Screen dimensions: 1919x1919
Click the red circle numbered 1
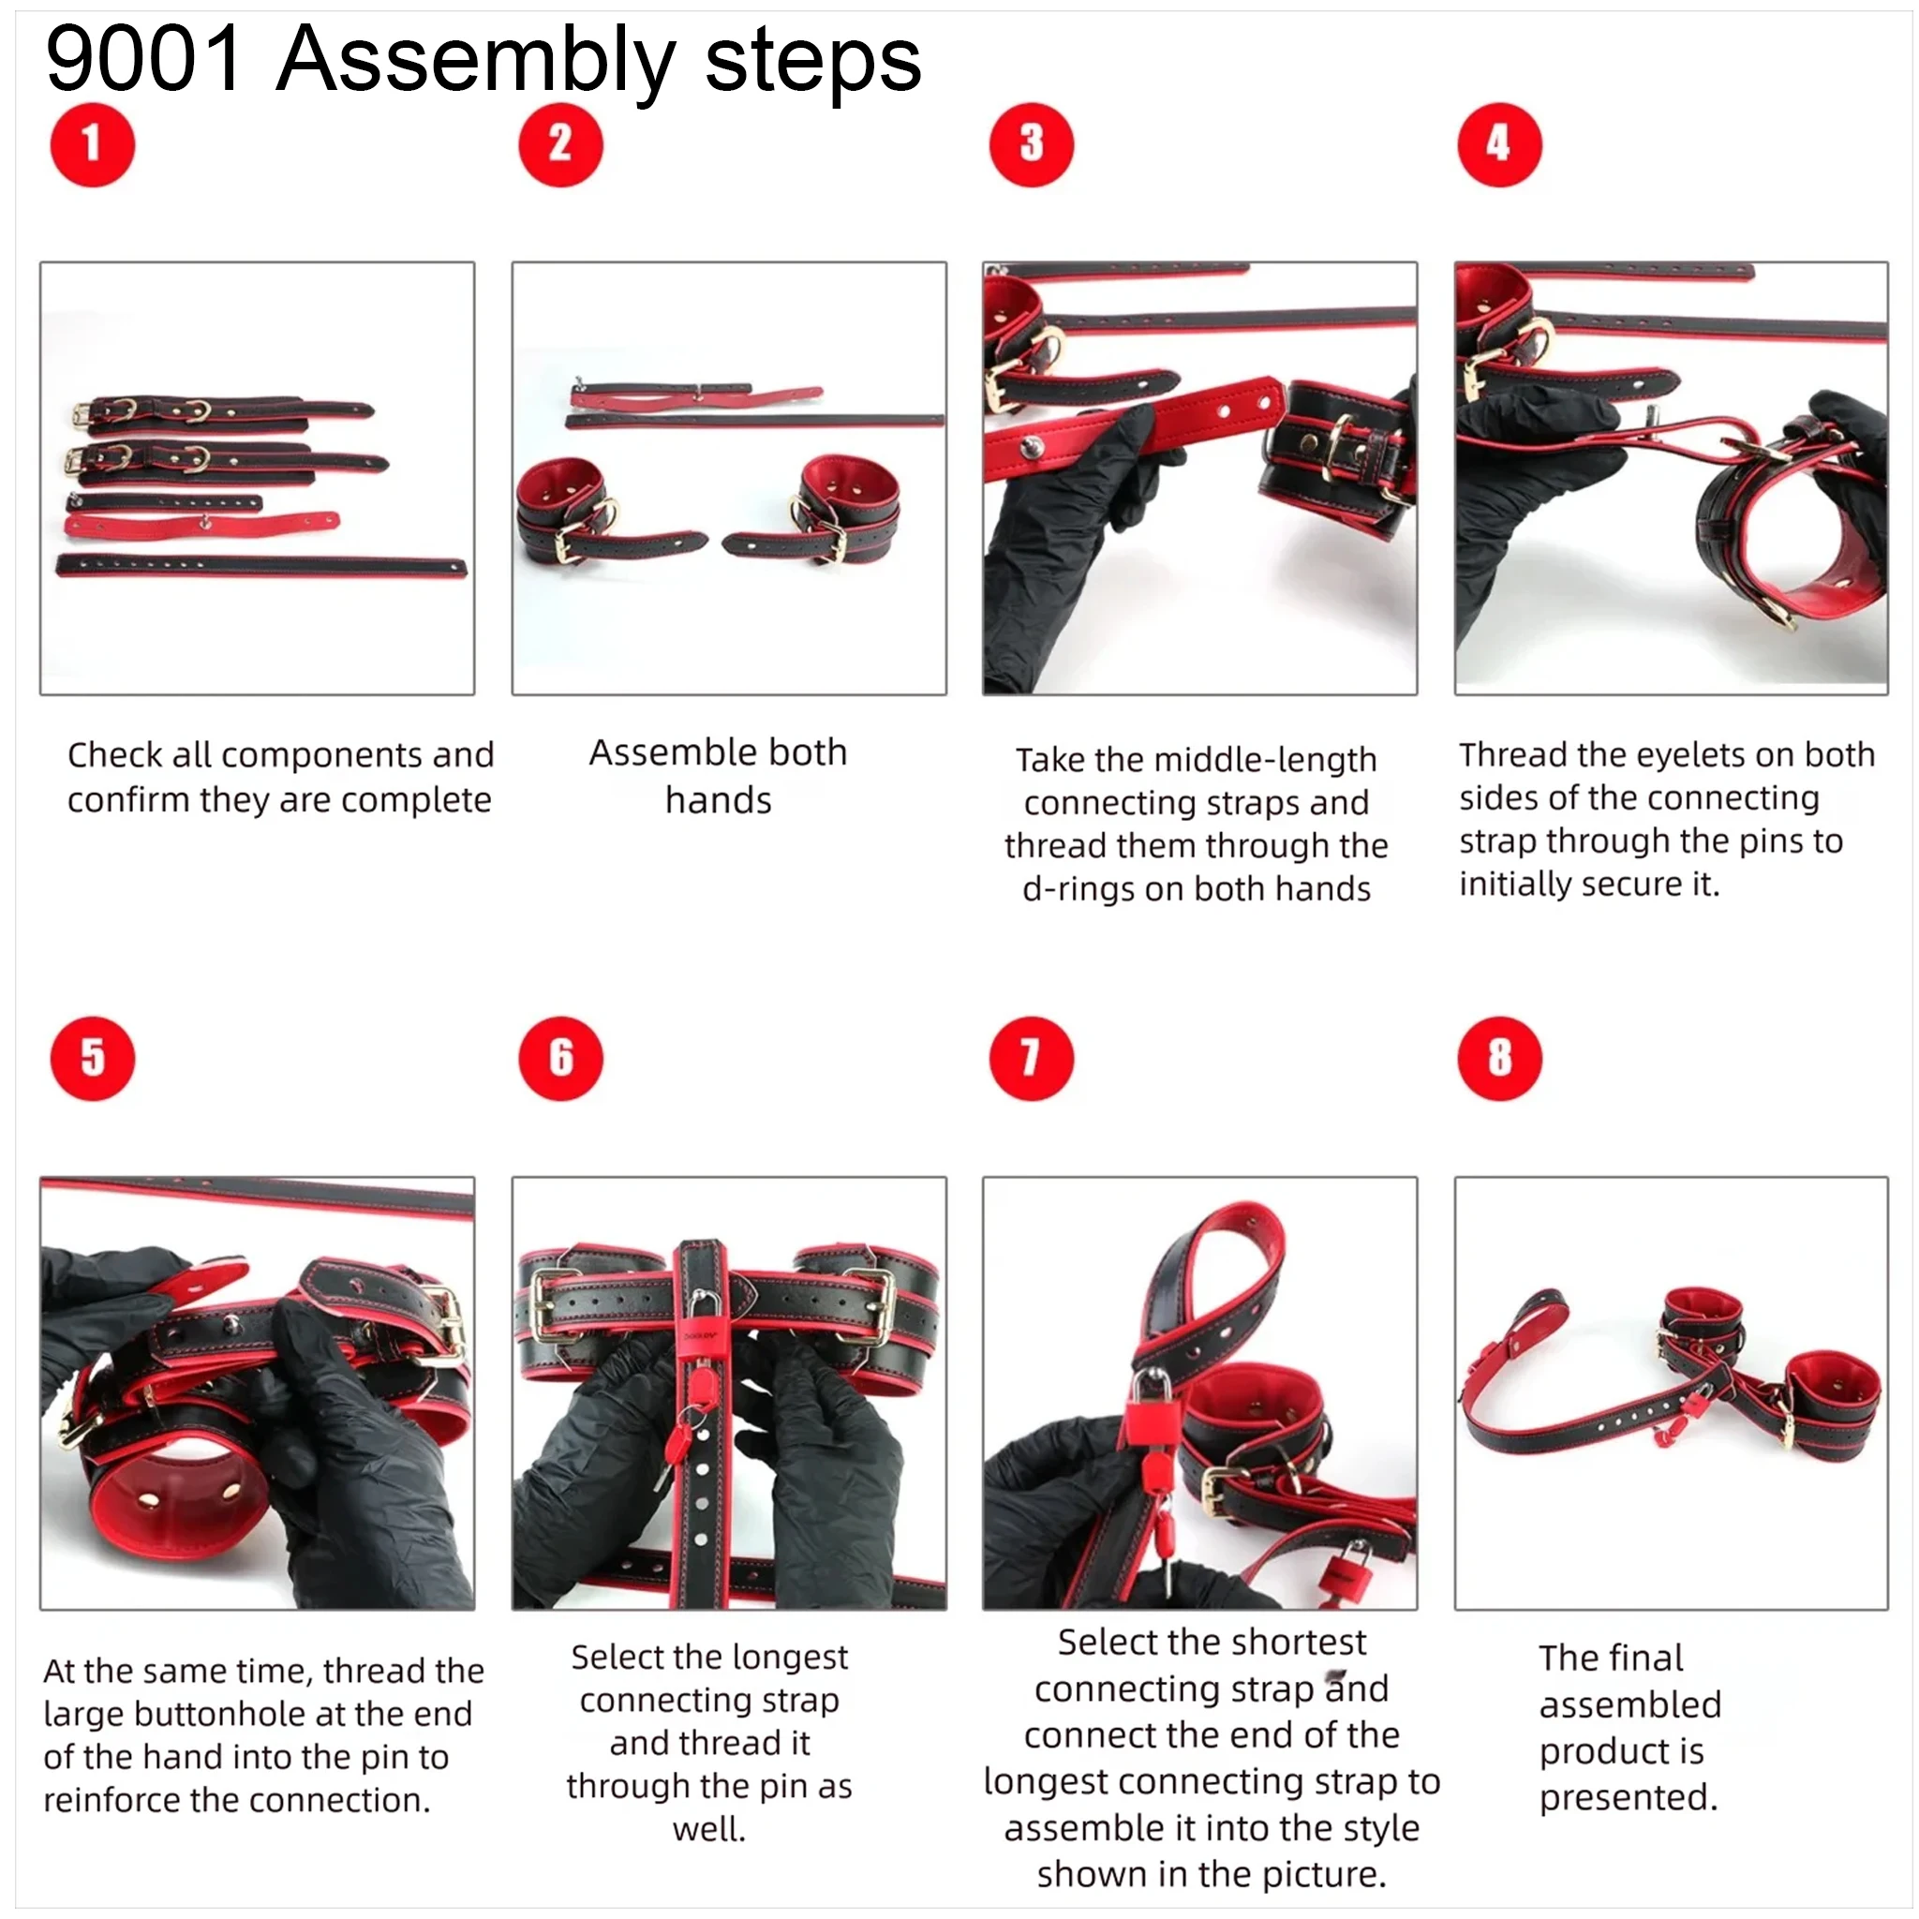point(93,145)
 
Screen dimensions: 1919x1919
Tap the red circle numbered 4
point(1499,145)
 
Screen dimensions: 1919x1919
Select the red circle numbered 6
point(560,1058)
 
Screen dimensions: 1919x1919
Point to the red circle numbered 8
point(1499,1058)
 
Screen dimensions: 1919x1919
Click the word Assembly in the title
point(475,62)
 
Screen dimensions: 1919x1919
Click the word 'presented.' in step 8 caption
point(1628,1797)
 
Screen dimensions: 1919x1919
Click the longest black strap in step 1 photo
point(261,566)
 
